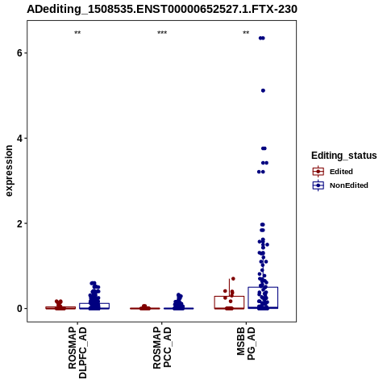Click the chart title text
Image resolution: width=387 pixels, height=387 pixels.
click(x=162, y=10)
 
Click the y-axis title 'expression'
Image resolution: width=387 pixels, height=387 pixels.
click(x=9, y=171)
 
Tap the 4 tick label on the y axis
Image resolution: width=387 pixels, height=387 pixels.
click(x=19, y=139)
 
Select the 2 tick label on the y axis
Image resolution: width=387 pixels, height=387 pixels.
click(x=19, y=223)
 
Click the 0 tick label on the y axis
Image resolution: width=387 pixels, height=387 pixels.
click(x=19, y=309)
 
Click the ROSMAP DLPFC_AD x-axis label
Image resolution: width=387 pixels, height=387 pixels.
click(x=77, y=352)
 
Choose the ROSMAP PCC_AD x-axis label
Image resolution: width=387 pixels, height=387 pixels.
click(x=162, y=347)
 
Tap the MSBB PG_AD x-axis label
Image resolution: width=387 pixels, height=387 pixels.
click(x=246, y=343)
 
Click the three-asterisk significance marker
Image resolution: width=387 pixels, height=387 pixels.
click(x=162, y=33)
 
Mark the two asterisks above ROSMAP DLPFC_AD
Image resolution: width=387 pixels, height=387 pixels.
click(x=77, y=33)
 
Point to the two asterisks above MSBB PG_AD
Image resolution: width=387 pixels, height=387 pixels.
click(x=246, y=33)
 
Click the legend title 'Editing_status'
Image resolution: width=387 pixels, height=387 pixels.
click(x=344, y=156)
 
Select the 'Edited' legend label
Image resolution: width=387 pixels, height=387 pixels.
click(x=341, y=172)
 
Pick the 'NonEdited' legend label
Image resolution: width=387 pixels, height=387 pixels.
click(x=349, y=185)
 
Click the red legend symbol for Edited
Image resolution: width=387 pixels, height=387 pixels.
click(x=318, y=172)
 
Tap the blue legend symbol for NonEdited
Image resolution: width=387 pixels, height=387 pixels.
click(x=318, y=185)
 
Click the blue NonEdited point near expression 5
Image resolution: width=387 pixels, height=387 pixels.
click(x=263, y=90)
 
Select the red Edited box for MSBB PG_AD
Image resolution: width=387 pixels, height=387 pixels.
click(x=229, y=302)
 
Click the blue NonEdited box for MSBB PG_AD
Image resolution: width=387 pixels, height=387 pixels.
click(x=263, y=298)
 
